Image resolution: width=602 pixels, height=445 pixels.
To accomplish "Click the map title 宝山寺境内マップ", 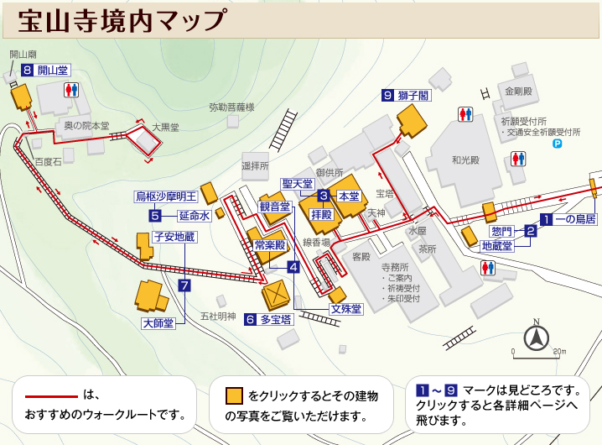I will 122,18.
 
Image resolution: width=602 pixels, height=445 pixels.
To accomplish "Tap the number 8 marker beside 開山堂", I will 28,71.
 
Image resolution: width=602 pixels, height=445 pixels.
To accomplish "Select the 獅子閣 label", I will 413,96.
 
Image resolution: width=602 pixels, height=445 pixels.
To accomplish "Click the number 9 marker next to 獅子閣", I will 387,96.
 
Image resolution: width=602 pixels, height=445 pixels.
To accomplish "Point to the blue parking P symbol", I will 556,144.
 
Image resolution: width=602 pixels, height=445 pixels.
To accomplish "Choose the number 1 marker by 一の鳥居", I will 546,220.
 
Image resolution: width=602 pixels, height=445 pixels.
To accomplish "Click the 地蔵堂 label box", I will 500,247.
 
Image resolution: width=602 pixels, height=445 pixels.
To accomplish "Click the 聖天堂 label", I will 297,184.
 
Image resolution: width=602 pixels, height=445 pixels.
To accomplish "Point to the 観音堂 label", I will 274,207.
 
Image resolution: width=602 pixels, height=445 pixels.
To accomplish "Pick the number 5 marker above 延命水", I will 155,215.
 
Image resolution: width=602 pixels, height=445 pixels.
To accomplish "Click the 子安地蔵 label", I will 173,238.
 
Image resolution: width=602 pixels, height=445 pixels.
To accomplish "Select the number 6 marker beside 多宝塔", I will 250,320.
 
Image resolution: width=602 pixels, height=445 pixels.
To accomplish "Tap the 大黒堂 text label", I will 165,127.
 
